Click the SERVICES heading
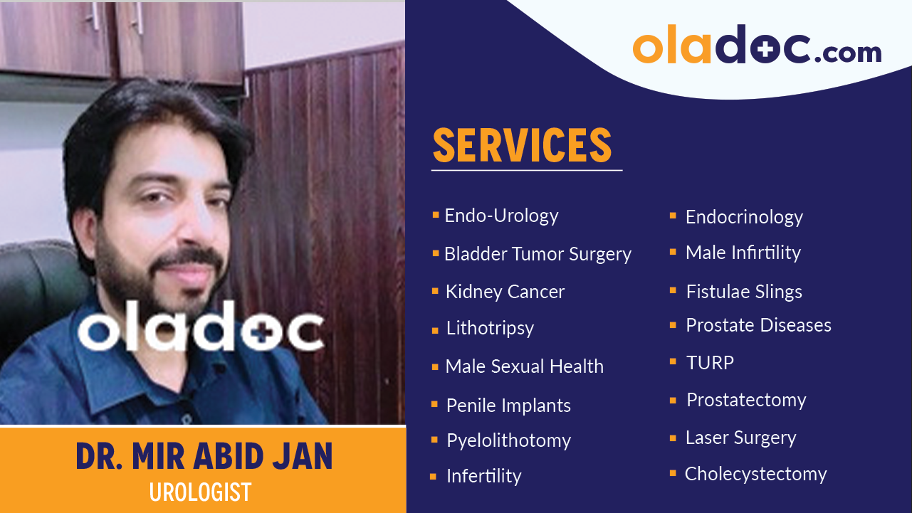pyautogui.click(x=522, y=145)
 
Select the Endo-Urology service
pyautogui.click(x=501, y=216)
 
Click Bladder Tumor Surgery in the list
pyautogui.click(x=538, y=254)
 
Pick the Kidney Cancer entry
pyautogui.click(x=505, y=292)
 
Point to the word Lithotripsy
pyautogui.click(x=490, y=328)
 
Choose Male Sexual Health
pyautogui.click(x=524, y=366)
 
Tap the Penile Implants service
pyautogui.click(x=508, y=406)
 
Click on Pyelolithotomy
pyautogui.click(x=508, y=440)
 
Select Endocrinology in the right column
pyautogui.click(x=744, y=217)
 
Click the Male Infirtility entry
pyautogui.click(x=743, y=253)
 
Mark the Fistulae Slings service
pyautogui.click(x=744, y=292)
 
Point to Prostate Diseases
pyautogui.click(x=758, y=325)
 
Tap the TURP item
pyautogui.click(x=710, y=363)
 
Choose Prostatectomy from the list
pyautogui.click(x=746, y=400)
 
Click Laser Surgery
pyautogui.click(x=740, y=438)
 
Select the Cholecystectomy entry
pyautogui.click(x=755, y=474)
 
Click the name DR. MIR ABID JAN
pyautogui.click(x=204, y=458)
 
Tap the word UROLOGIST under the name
pyautogui.click(x=200, y=492)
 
